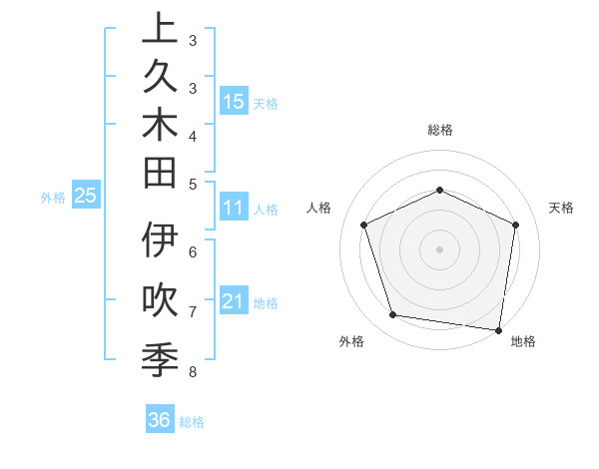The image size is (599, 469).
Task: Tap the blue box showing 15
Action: pyautogui.click(x=234, y=101)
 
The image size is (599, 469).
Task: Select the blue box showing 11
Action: pyautogui.click(x=234, y=209)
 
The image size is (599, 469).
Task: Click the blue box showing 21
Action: pyautogui.click(x=234, y=301)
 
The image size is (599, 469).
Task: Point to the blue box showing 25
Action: pyautogui.click(x=86, y=197)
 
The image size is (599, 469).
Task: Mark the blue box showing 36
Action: pyautogui.click(x=160, y=420)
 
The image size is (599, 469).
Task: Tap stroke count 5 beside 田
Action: pyautogui.click(x=193, y=183)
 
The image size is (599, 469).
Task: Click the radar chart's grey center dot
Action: pyautogui.click(x=439, y=248)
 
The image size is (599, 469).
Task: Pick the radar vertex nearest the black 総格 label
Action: pyautogui.click(x=439, y=190)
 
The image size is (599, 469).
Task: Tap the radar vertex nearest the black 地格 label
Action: pyautogui.click(x=498, y=329)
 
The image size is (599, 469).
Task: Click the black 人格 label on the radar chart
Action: pyautogui.click(x=319, y=208)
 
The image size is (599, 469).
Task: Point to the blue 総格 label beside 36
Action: pyautogui.click(x=192, y=422)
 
